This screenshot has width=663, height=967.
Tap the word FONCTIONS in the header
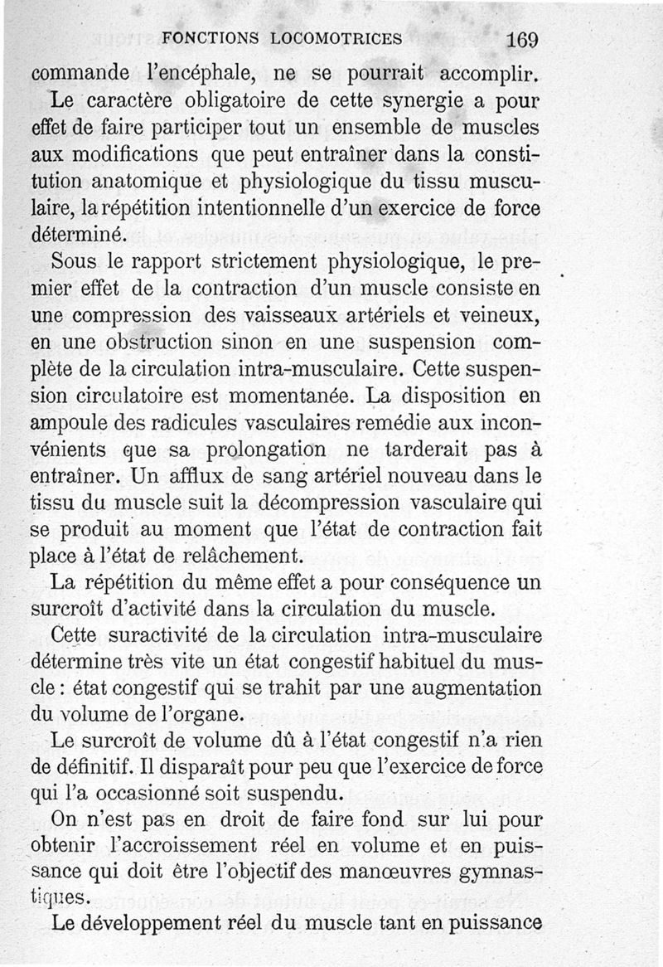click(x=211, y=38)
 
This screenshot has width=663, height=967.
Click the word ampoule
click(x=68, y=424)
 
